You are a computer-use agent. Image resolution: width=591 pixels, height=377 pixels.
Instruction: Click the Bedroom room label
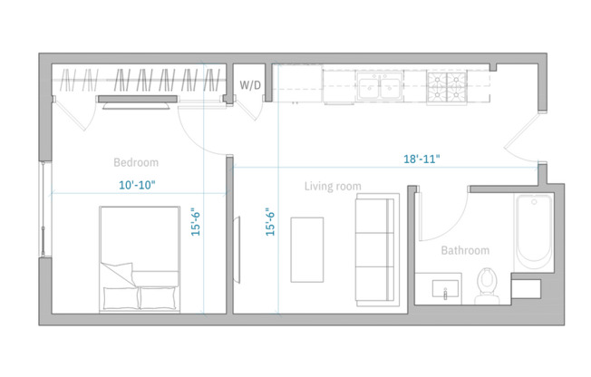point(136,163)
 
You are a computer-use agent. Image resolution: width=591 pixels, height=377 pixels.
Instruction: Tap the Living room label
point(333,187)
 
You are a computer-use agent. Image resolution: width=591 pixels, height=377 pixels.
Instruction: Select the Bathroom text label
point(465,251)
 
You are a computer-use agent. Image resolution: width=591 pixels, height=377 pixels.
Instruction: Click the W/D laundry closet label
point(250,86)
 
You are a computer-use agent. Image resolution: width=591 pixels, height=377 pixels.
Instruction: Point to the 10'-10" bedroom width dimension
point(138,185)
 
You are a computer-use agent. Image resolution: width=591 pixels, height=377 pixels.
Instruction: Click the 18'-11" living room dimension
point(421,159)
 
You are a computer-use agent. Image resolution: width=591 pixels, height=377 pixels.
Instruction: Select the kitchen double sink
point(380,88)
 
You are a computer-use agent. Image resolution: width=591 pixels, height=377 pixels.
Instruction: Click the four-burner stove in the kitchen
point(447,88)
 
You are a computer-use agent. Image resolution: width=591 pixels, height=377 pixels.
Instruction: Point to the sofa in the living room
point(374,248)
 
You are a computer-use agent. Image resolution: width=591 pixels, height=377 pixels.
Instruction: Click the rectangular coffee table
point(306,248)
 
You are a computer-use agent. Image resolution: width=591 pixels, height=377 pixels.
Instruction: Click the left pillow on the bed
point(120,296)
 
